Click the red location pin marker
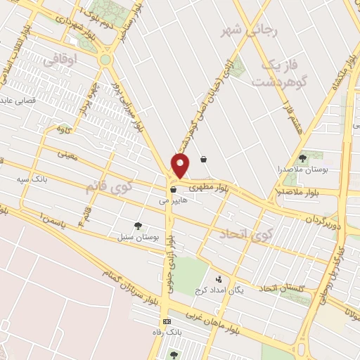coord(181,166)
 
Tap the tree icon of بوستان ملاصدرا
coord(302,158)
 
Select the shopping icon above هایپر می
coord(173,189)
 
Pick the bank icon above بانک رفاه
coord(167,321)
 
